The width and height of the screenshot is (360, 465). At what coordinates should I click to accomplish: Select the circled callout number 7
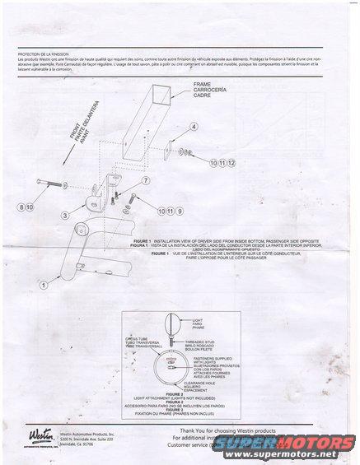146,180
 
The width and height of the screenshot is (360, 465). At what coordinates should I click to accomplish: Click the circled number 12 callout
232,164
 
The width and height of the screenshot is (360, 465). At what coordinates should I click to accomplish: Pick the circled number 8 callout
23,206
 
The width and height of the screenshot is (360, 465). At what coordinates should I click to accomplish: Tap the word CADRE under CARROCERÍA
203,96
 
